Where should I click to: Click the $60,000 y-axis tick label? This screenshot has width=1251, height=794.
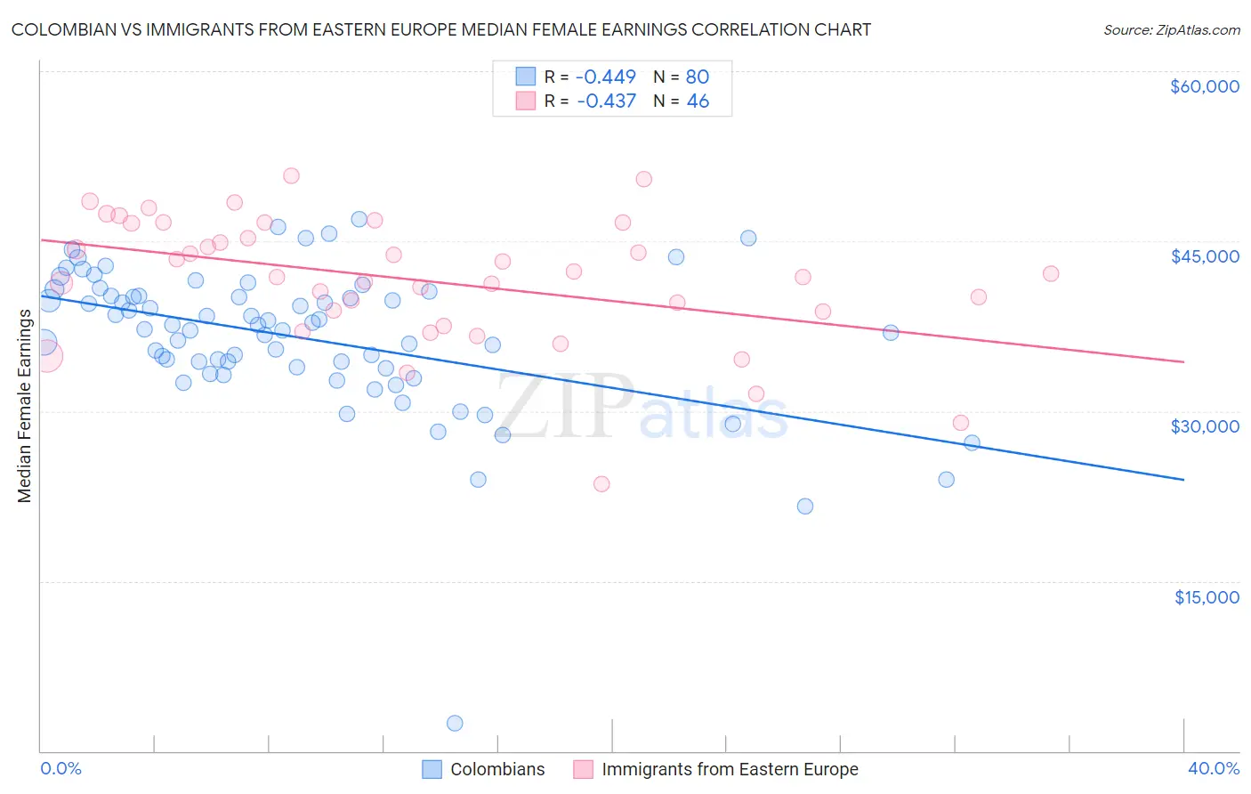pos(1204,86)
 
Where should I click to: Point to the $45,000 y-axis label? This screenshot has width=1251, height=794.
pos(1204,256)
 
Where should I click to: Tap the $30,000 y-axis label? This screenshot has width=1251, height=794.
pos(1204,426)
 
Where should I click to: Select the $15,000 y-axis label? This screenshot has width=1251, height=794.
pos(1206,597)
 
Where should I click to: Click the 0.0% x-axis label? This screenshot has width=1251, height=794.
pos(61,769)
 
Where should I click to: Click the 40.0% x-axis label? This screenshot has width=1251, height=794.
pos(1213,769)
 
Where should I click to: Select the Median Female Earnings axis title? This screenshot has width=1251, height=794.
pos(25,406)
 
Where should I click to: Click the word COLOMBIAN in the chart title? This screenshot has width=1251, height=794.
pos(67,29)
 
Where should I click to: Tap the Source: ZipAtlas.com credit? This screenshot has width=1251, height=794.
pos(1171,30)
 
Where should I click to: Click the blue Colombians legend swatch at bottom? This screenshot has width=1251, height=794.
pos(432,769)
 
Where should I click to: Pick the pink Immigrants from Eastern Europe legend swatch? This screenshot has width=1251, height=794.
pos(583,769)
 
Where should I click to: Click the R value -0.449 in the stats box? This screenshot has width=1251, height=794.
pos(606,77)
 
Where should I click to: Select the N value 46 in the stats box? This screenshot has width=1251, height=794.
pos(698,101)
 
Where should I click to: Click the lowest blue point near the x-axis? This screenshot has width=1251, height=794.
pos(455,723)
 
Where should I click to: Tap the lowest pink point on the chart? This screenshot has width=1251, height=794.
pos(601,484)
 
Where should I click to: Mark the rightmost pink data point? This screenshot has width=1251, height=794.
pos(1051,273)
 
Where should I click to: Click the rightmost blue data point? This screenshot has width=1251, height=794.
pos(972,442)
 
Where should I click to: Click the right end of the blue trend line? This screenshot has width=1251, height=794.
pos(1183,480)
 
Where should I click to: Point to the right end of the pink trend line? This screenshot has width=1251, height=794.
pos(1183,362)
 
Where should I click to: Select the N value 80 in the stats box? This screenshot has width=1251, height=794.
pos(697,77)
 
